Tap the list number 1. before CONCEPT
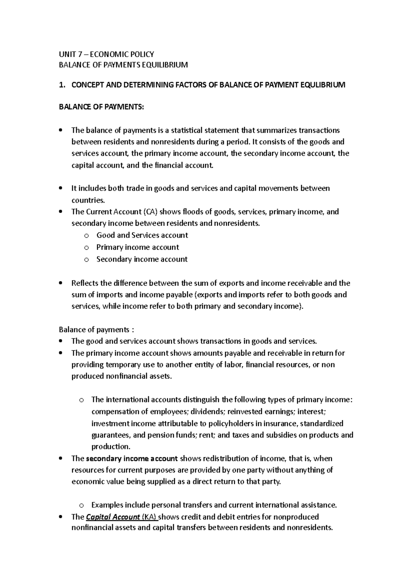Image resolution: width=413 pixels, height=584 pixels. [x=62, y=85]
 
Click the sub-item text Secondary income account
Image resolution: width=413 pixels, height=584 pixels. [x=142, y=259]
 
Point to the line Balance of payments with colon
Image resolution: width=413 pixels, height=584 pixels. [x=96, y=329]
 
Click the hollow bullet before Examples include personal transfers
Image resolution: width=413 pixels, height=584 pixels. [x=81, y=506]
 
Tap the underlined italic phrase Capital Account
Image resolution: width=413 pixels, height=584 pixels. [x=113, y=517]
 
